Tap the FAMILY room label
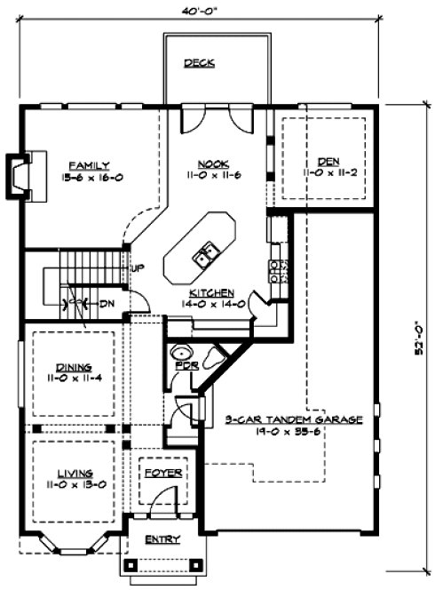91,164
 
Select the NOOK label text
213,164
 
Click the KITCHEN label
211,291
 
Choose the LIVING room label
72,473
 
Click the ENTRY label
162,539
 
